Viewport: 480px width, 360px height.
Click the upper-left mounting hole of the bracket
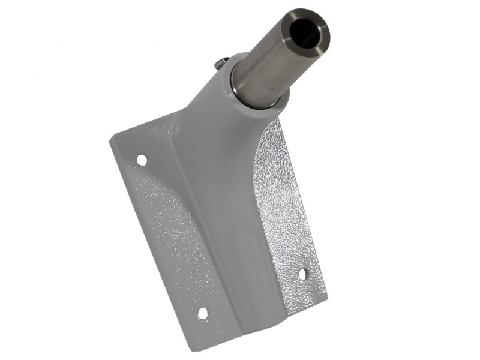(142, 160)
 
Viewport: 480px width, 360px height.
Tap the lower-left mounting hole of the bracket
(203, 313)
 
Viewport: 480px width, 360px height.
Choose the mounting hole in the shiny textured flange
(302, 274)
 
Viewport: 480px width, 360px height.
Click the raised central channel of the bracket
(222, 198)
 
